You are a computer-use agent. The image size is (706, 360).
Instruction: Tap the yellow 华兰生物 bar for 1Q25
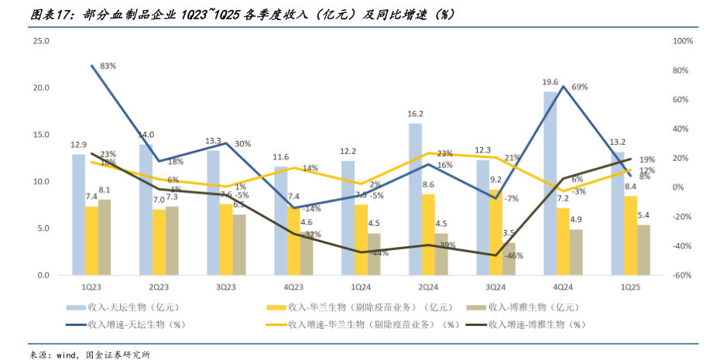tap(631, 235)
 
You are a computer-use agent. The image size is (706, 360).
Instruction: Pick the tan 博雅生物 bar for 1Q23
tap(105, 237)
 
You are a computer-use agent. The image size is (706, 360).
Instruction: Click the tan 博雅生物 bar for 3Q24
tap(509, 259)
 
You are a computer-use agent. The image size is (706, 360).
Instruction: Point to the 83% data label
tap(108, 66)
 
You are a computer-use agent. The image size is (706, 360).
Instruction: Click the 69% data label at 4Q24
tap(580, 87)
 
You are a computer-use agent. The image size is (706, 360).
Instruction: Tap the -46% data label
tap(514, 255)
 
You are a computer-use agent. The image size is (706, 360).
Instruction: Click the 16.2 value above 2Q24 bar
tap(416, 114)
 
